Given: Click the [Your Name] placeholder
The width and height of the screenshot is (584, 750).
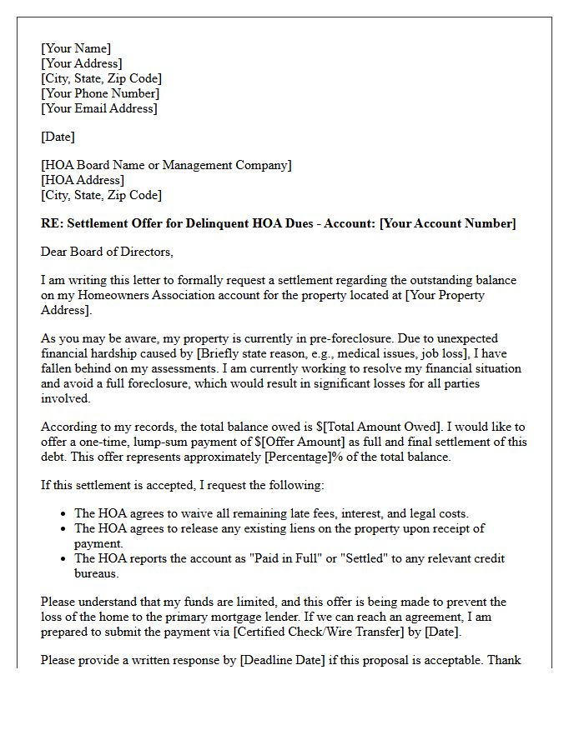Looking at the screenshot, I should (x=76, y=48).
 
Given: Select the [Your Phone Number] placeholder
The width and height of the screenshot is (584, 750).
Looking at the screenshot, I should (x=100, y=93).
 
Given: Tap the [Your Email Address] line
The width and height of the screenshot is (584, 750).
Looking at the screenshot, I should (x=99, y=108).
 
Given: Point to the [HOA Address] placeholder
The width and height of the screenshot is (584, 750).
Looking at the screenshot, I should (x=83, y=180).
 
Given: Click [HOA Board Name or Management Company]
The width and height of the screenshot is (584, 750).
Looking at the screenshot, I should (x=166, y=165).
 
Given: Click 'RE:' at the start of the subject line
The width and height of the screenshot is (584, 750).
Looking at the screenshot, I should (x=51, y=223).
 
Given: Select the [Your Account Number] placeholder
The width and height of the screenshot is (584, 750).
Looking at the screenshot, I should (x=447, y=223).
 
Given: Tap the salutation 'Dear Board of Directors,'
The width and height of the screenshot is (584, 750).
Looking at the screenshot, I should (x=107, y=252).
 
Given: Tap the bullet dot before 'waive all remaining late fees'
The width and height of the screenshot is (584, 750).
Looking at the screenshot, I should (x=65, y=514).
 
